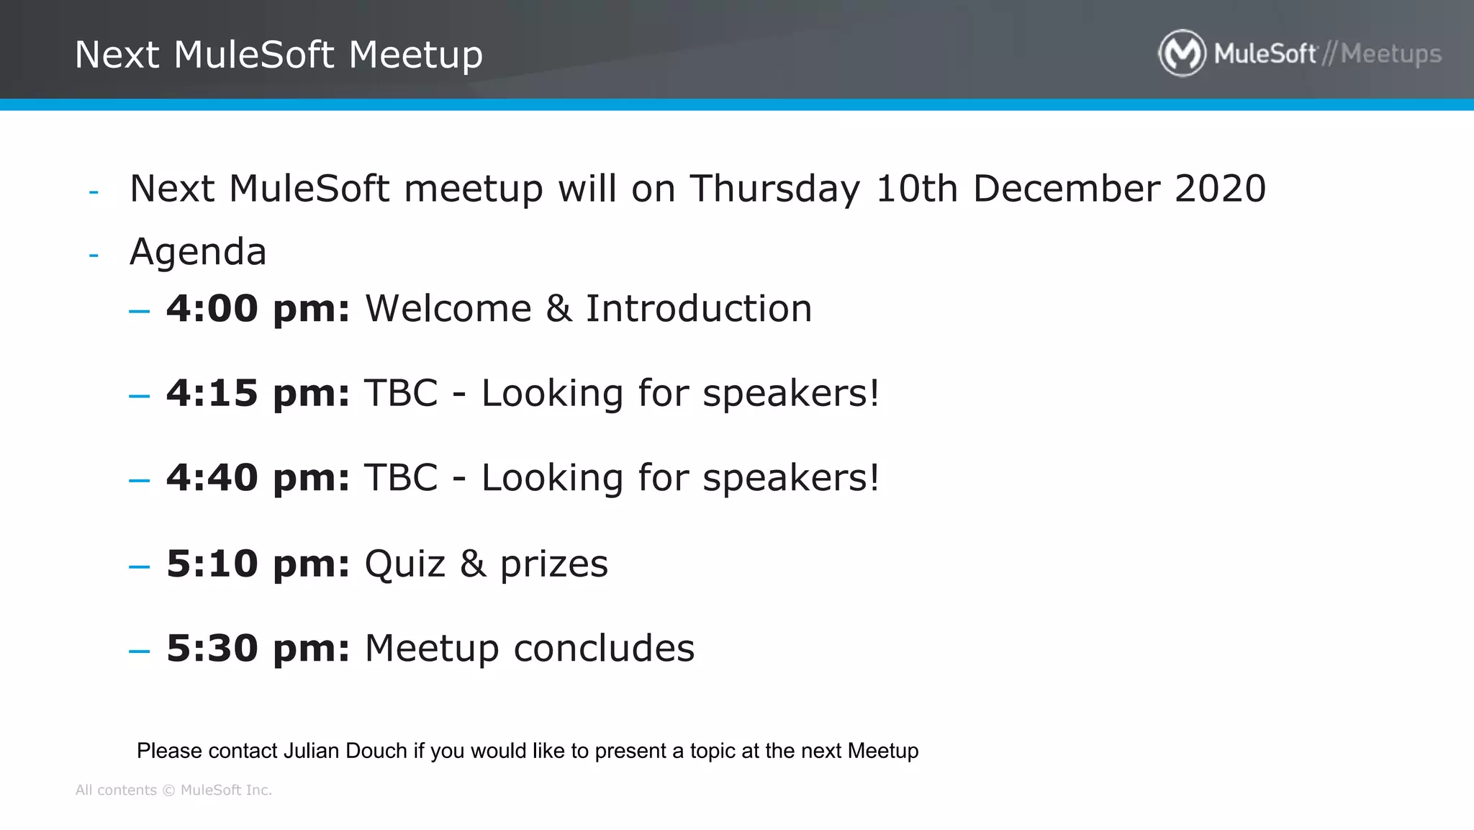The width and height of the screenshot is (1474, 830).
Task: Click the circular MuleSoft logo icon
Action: pyautogui.click(x=1182, y=53)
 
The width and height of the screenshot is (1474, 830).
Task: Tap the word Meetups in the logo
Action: pyautogui.click(x=1391, y=54)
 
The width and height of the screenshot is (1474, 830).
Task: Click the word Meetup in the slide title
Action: pyautogui.click(x=415, y=55)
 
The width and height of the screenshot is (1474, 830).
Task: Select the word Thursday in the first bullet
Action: pyautogui.click(x=774, y=189)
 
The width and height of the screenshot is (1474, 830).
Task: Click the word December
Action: pyautogui.click(x=1066, y=189)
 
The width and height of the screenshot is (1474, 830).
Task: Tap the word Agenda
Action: pyautogui.click(x=198, y=252)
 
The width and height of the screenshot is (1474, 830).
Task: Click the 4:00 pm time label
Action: pyautogui.click(x=258, y=309)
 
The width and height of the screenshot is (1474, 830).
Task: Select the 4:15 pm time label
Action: pyautogui.click(x=258, y=394)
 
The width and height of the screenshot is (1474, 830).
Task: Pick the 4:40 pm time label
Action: pyautogui.click(x=258, y=478)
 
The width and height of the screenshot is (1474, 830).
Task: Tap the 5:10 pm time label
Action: pyautogui.click(x=258, y=564)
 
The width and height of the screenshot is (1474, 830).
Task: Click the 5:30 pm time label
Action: pyautogui.click(x=258, y=649)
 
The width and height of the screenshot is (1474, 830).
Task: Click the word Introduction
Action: pyautogui.click(x=698, y=309)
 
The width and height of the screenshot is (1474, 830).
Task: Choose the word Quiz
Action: pyautogui.click(x=404, y=564)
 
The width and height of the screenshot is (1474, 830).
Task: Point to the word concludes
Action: pyautogui.click(x=604, y=649)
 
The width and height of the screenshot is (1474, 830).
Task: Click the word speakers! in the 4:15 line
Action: pyautogui.click(x=790, y=394)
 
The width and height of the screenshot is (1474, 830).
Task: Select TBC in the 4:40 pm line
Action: pyautogui.click(x=401, y=478)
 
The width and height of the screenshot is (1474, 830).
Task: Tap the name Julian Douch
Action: pyautogui.click(x=345, y=751)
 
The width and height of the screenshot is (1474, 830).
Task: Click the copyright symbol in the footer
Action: pyautogui.click(x=168, y=790)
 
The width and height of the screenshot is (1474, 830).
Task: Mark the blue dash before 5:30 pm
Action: pyautogui.click(x=139, y=651)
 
